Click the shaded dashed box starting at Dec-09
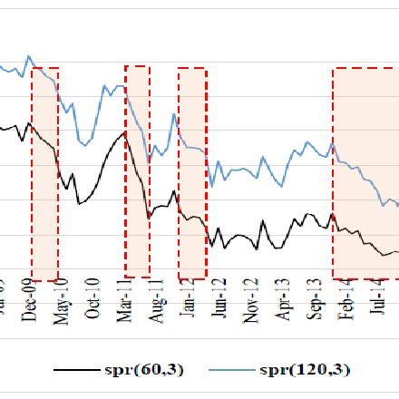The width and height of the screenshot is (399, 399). pyautogui.click(x=44, y=172)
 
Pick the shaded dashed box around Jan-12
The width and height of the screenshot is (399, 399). pyautogui.click(x=191, y=172)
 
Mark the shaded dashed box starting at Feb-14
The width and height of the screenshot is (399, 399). pyautogui.click(x=365, y=172)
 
